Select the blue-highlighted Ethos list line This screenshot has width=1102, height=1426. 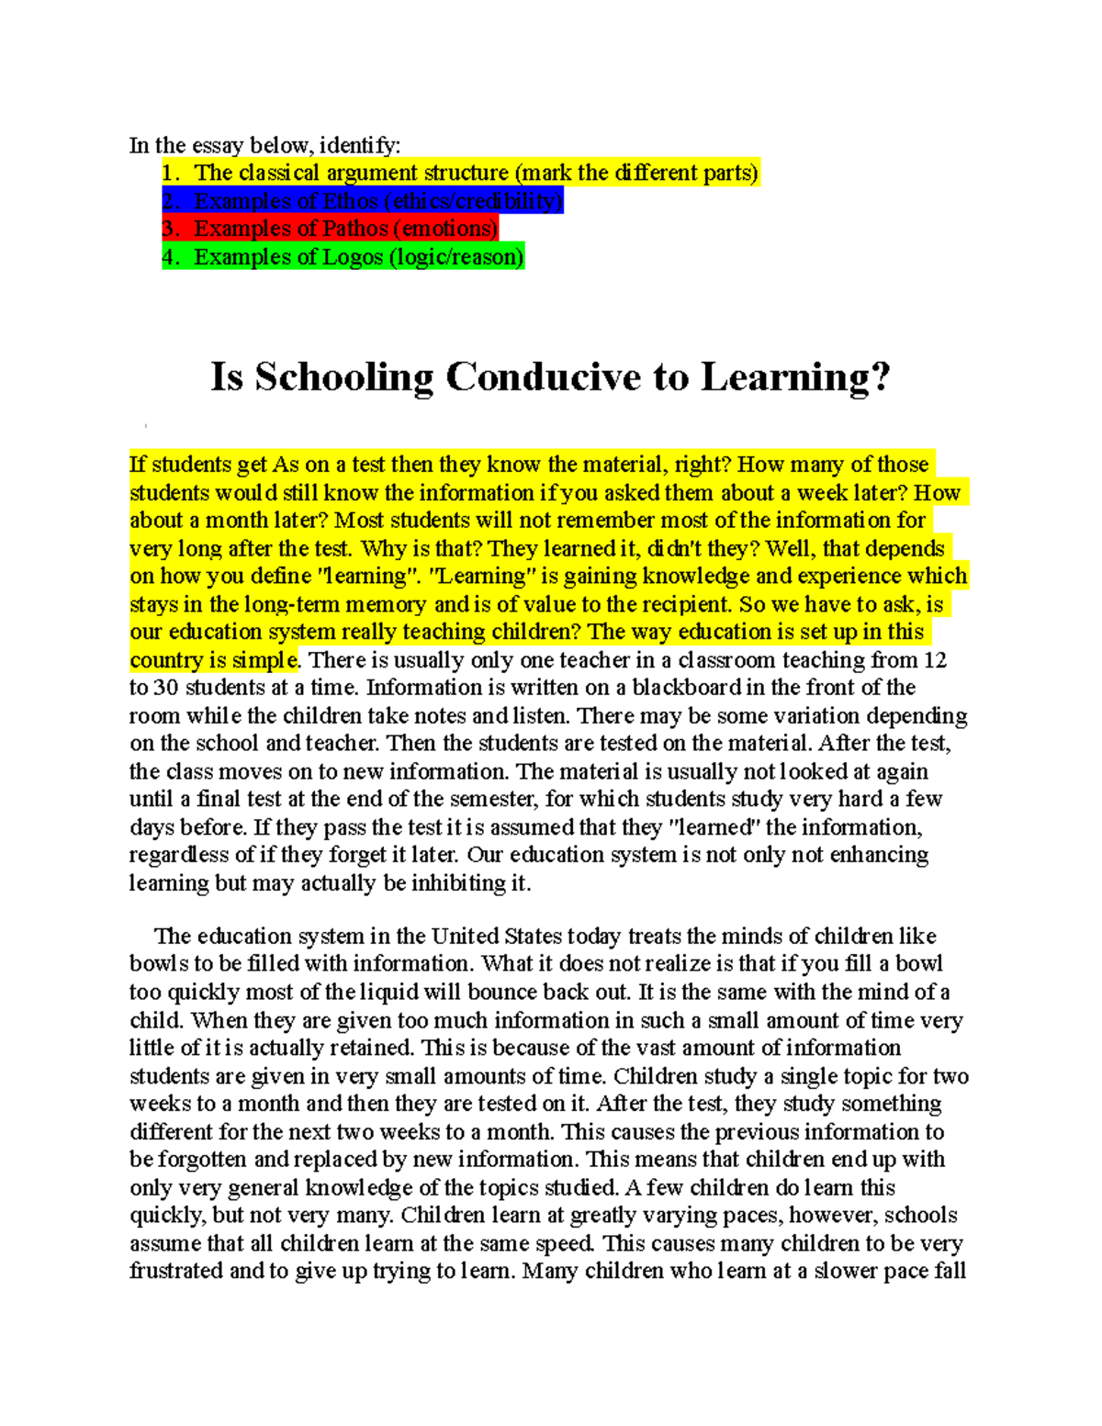coord(362,201)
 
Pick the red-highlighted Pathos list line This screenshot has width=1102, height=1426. coord(330,229)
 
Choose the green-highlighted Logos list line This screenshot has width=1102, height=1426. coord(343,257)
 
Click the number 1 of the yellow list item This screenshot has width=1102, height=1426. coord(168,173)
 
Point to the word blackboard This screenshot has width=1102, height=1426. coord(686,688)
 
